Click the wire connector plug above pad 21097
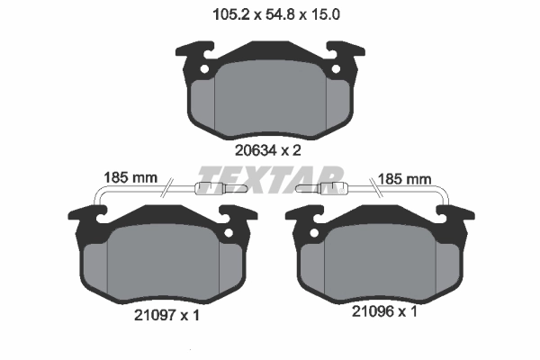tap(207, 188)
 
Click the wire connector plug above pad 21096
tap(332, 188)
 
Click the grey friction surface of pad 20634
tap(270, 94)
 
